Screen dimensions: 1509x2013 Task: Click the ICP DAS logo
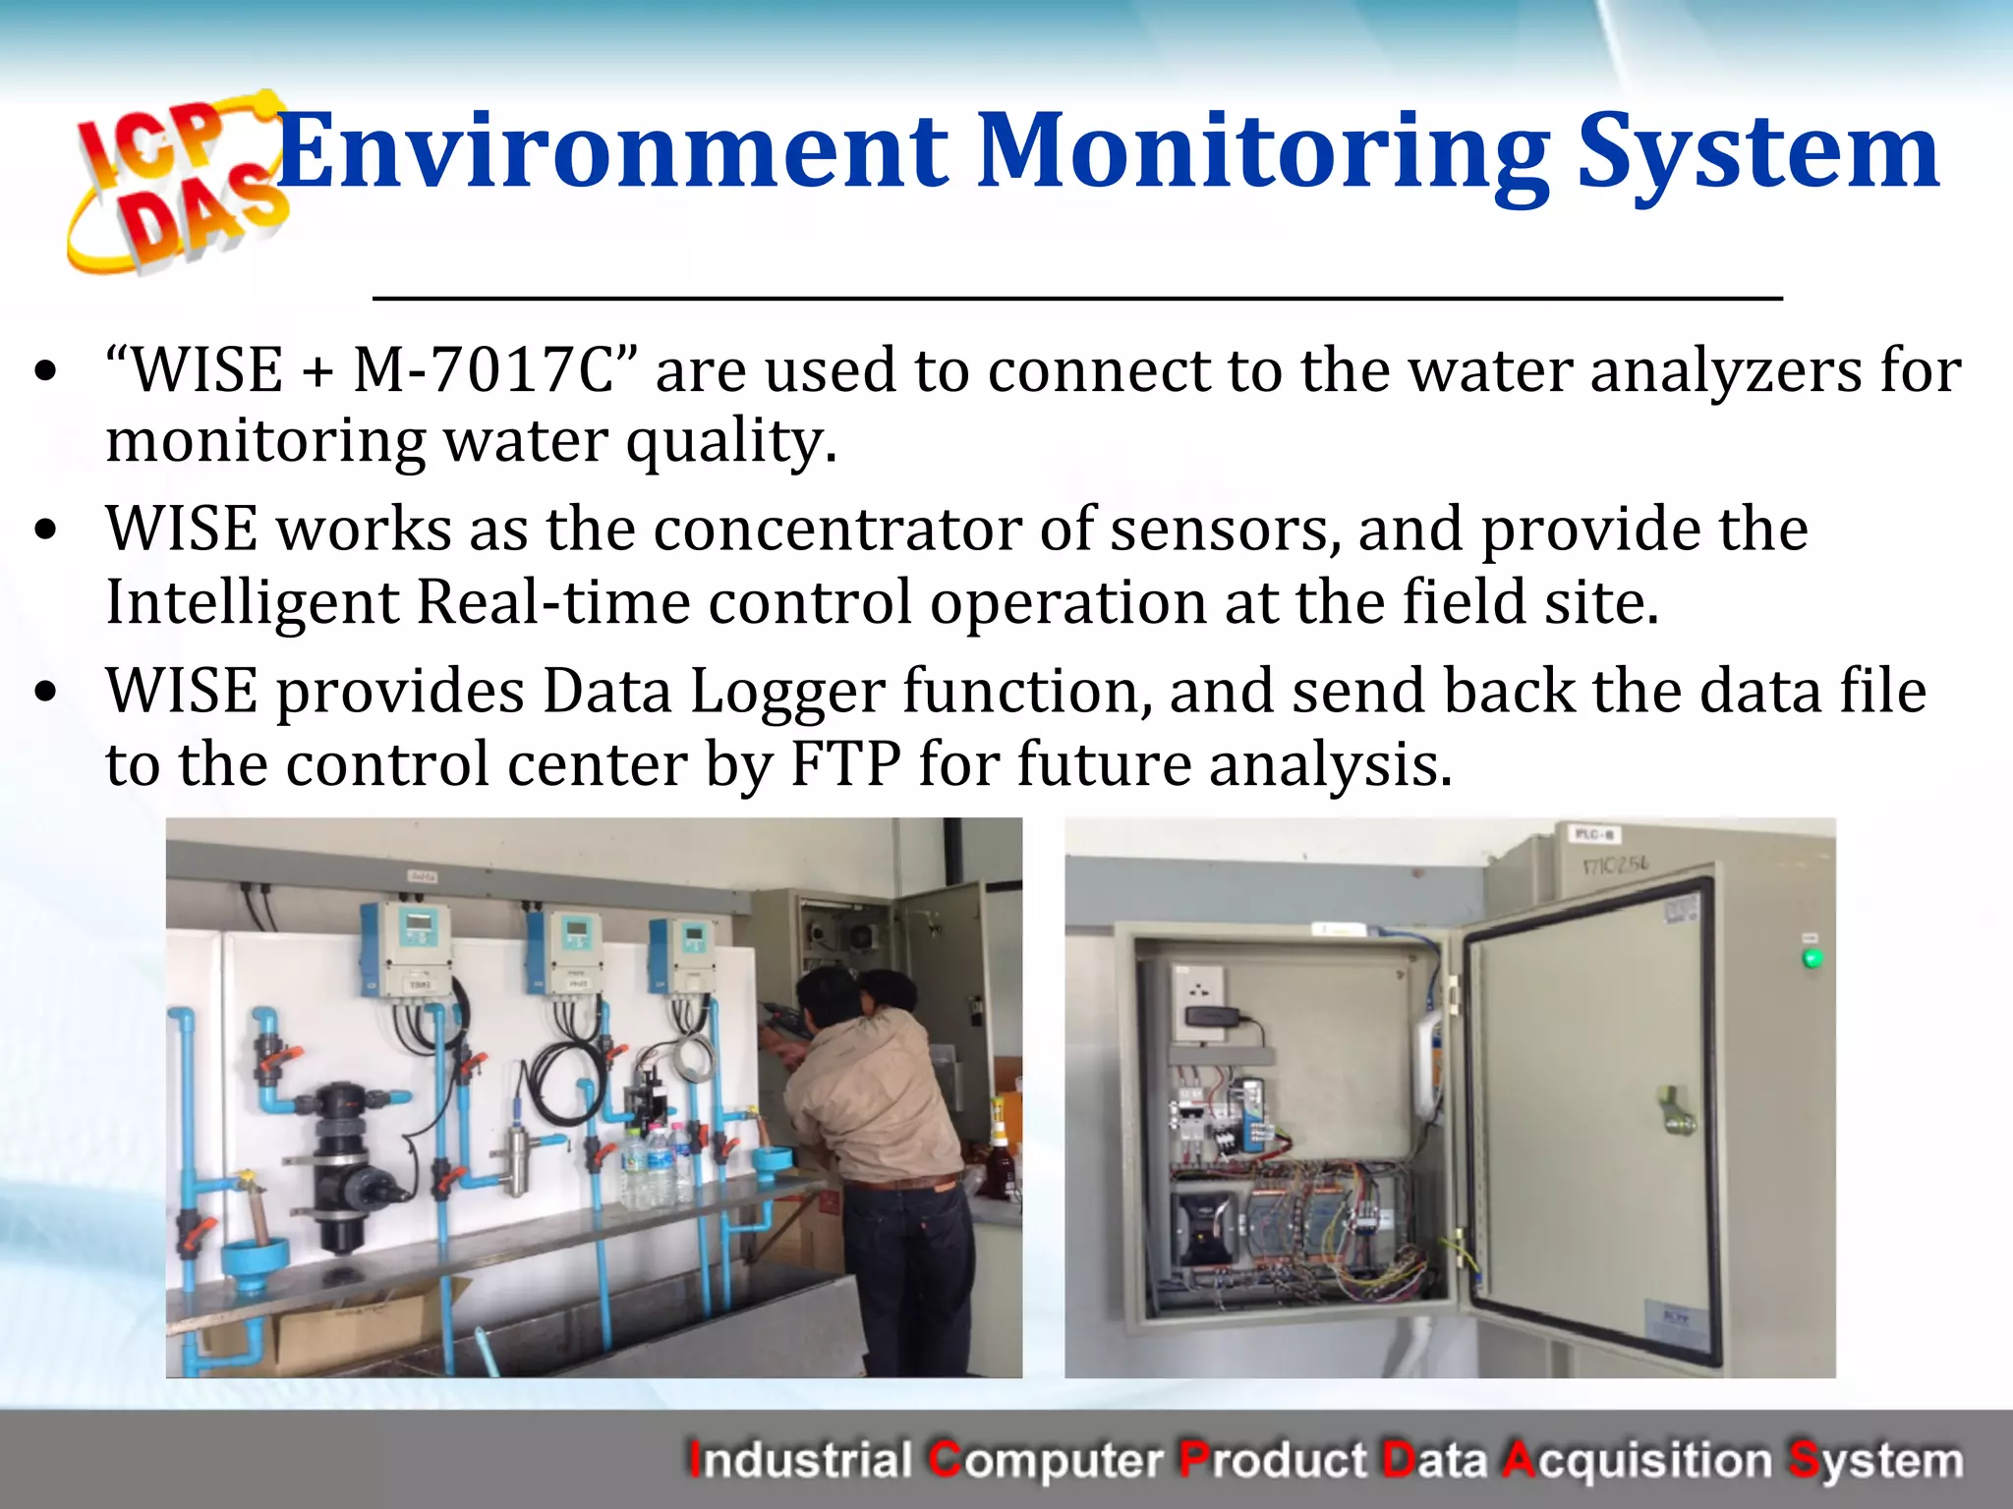pos(177,182)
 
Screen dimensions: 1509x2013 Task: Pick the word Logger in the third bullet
pos(787,692)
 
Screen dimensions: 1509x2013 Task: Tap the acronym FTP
pos(845,764)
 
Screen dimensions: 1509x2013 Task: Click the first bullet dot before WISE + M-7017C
pos(45,372)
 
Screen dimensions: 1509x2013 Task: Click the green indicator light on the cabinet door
pos(1812,957)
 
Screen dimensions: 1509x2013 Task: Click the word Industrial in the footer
pos(800,1460)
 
